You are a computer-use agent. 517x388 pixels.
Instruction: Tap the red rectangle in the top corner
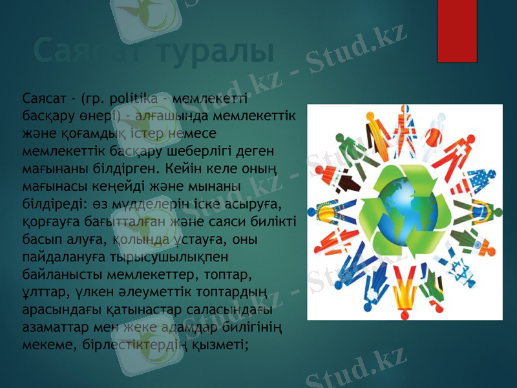click(457, 29)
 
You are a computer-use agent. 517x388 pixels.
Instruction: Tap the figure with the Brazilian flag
click(477, 212)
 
